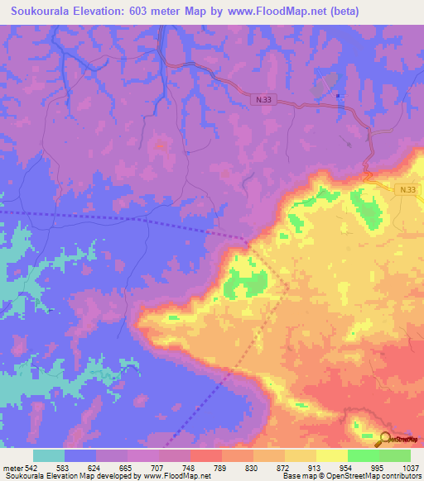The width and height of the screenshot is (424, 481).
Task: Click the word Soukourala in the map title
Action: (x=42, y=12)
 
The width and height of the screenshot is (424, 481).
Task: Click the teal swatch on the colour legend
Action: (x=49, y=455)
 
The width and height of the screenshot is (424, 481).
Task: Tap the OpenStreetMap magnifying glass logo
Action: (x=387, y=440)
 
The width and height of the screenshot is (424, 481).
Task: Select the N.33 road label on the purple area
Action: (x=263, y=99)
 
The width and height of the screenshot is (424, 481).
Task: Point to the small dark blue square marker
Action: (x=338, y=96)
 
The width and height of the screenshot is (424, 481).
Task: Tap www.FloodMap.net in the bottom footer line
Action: (x=176, y=476)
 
